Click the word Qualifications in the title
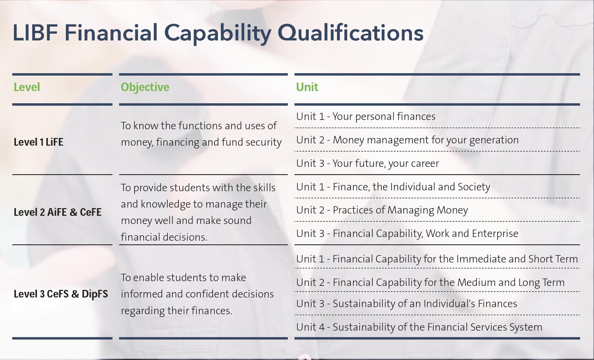point(350,33)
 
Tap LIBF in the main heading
point(35,33)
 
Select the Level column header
point(27,87)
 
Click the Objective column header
point(145,87)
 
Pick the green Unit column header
point(307,87)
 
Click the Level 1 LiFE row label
point(38,142)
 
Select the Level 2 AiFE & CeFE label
point(57,212)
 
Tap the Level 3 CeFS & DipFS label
point(61,294)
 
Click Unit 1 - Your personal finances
point(366,117)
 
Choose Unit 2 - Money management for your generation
point(407,140)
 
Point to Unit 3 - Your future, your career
point(367,163)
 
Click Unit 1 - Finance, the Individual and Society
point(393,187)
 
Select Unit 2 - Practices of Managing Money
point(382,210)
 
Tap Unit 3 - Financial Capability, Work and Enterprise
point(407,234)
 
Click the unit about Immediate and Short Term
point(437,259)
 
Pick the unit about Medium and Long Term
point(430,283)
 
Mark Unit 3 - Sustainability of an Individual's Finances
point(407,304)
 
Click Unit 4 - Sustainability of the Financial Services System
point(419,327)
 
